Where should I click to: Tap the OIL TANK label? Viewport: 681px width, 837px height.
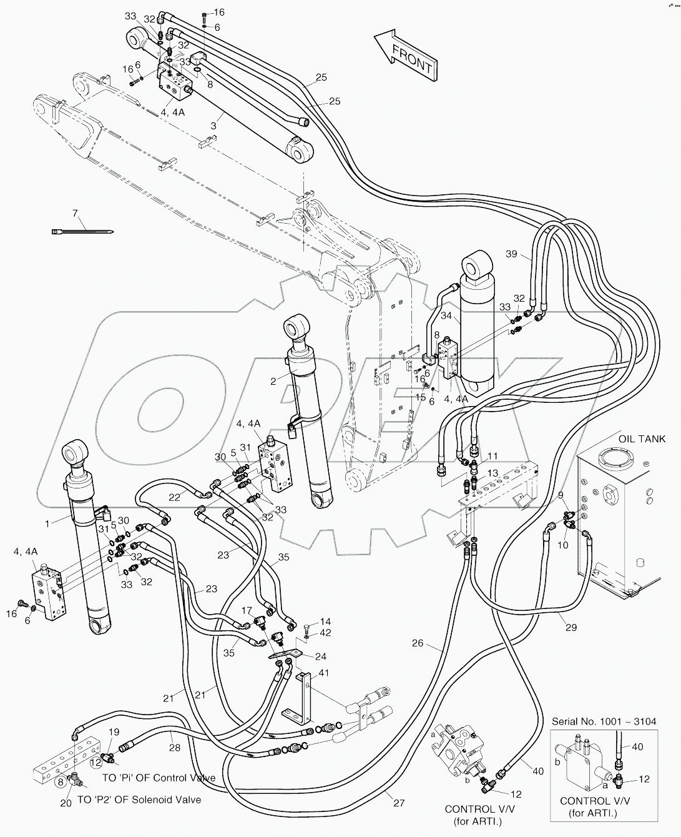click(642, 439)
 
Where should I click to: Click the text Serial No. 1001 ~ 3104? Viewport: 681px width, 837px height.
click(604, 721)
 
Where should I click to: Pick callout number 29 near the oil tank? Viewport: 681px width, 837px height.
click(571, 627)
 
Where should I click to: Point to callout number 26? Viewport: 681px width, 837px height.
click(418, 643)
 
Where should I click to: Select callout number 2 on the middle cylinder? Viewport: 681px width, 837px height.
click(273, 380)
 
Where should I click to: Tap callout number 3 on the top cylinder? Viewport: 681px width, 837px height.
click(213, 126)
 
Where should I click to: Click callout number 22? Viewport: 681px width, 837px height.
click(174, 497)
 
